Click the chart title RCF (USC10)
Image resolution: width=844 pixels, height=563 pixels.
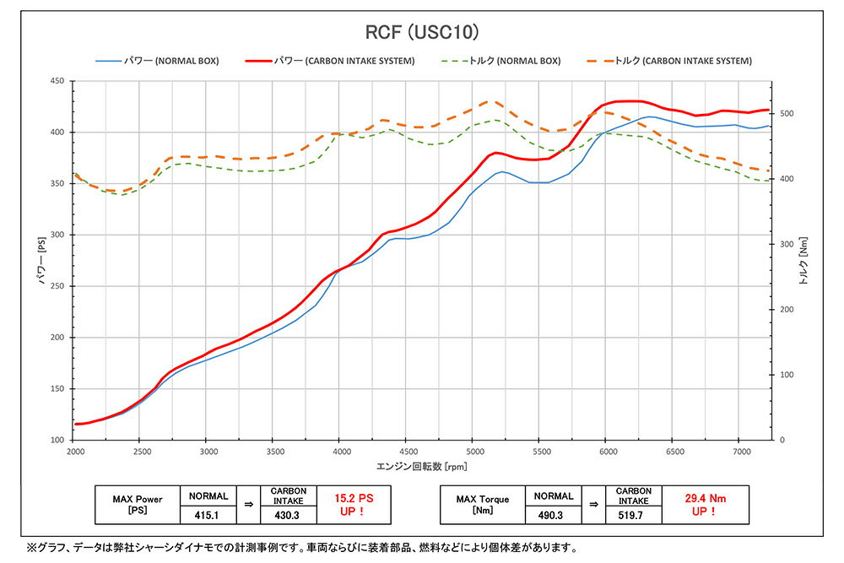pyautogui.click(x=421, y=33)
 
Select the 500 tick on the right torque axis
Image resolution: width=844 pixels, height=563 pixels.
pyautogui.click(x=787, y=114)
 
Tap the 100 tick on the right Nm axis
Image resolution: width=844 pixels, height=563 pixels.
pyautogui.click(x=787, y=375)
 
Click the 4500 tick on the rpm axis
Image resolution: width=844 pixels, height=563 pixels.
pyautogui.click(x=405, y=452)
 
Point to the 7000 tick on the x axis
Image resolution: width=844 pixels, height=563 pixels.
pyautogui.click(x=738, y=452)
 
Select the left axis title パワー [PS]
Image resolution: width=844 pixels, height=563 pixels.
pyautogui.click(x=41, y=261)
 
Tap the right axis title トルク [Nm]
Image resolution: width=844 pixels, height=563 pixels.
pyautogui.click(x=803, y=261)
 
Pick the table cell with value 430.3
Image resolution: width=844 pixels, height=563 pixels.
pyautogui.click(x=289, y=514)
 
